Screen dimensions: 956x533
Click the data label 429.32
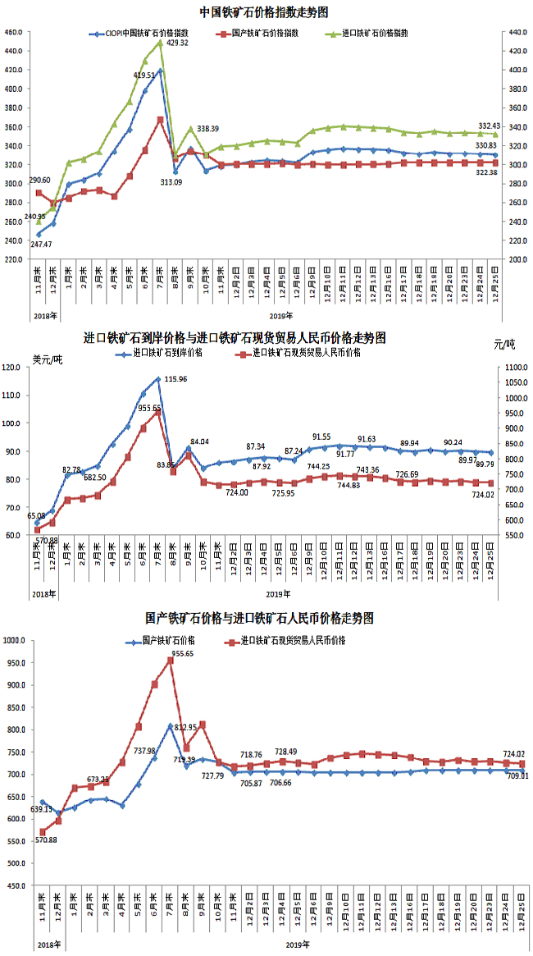click(177, 43)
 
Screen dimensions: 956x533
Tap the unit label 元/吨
click(506, 343)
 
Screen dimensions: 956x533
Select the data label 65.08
click(37, 516)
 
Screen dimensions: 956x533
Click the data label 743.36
click(368, 470)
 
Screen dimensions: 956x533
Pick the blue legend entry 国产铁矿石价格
click(162, 639)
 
